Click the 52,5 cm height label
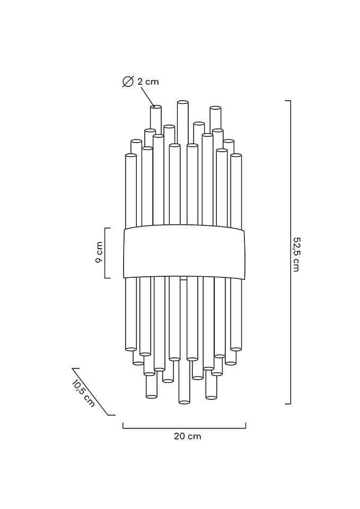[296, 254]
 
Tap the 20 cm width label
[187, 436]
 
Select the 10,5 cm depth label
[83, 393]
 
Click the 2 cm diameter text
[148, 82]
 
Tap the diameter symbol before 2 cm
[128, 82]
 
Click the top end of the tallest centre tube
[183, 102]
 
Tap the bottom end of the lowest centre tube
[184, 402]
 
